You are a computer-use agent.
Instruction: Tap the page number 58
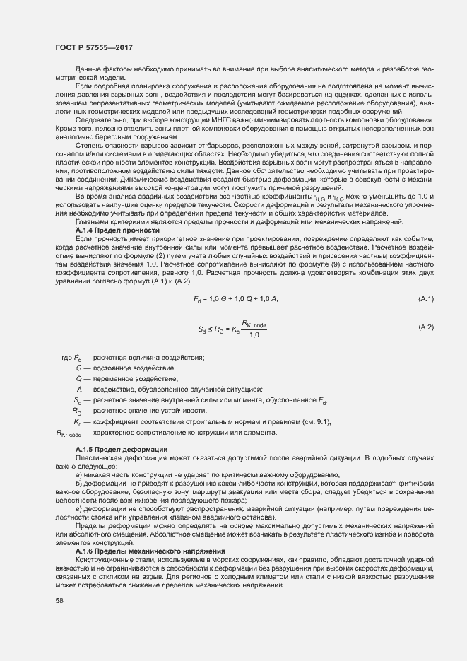[x=59, y=601]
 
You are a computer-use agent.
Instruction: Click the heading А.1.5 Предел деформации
[x=121, y=450]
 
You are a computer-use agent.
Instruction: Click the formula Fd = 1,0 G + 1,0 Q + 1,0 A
[x=236, y=300]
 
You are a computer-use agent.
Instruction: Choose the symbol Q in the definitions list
[x=79, y=379]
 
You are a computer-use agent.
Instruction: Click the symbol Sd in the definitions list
[x=78, y=400]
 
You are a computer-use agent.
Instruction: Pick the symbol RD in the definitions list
[x=77, y=411]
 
